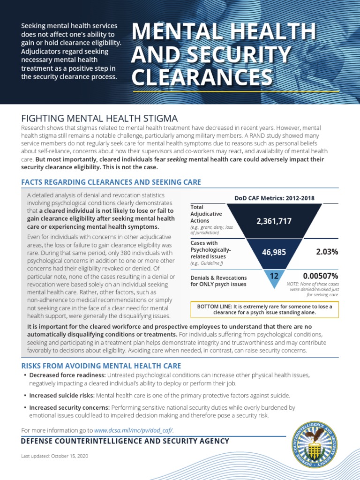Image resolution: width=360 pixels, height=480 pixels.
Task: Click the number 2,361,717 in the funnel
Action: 274,221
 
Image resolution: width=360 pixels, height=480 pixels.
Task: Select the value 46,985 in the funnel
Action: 274,252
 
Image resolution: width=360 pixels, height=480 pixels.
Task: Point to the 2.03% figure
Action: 327,252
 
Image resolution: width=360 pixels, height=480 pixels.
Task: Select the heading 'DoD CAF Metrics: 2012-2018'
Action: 274,198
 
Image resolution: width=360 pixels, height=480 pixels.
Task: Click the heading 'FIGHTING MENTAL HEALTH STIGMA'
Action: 100,119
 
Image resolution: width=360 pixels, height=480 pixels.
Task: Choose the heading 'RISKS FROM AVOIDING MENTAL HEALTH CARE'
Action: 101,366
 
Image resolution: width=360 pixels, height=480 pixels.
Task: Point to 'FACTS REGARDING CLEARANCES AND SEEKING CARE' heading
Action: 111,182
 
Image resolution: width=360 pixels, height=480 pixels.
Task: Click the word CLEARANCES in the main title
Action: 202,77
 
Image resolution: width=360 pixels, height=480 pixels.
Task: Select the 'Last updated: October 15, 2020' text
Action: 55,456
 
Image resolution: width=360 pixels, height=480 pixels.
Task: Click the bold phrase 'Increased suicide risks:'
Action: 62,395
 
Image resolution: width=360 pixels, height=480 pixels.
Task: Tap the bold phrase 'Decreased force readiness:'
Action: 67,375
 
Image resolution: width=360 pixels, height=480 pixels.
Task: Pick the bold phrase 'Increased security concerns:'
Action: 69,408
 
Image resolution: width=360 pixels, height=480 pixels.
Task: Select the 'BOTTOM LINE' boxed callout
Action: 264,309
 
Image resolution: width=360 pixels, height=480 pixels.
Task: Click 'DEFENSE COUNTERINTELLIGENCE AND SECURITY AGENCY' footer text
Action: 125,441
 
